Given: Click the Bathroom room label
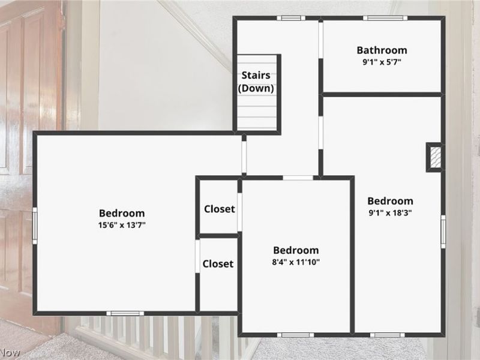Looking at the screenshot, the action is [382, 50].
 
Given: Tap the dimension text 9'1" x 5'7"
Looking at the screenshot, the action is [382, 62].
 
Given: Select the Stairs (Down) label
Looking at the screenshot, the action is [256, 82].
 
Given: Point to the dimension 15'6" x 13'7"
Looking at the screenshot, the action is [122, 225].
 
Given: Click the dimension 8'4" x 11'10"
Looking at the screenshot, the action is [296, 262].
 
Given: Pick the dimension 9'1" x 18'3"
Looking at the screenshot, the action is [391, 213].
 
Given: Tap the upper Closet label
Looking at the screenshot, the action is [220, 209].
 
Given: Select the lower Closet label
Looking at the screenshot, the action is [218, 264].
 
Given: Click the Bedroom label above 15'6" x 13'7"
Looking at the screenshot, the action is [122, 213].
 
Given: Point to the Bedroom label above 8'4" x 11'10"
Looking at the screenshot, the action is [296, 250].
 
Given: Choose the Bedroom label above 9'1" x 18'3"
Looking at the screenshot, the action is [391, 201].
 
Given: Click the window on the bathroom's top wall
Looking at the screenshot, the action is [385, 18].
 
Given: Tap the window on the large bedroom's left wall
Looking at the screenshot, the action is [35, 226].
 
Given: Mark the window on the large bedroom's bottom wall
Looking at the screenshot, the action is [125, 313].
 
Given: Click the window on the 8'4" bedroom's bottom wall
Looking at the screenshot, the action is [295, 335].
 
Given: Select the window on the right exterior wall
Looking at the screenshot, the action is [443, 232].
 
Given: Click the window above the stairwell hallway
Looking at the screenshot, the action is [291, 18].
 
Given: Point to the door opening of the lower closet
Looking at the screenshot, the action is [197, 256].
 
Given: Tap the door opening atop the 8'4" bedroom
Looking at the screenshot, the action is [298, 178].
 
